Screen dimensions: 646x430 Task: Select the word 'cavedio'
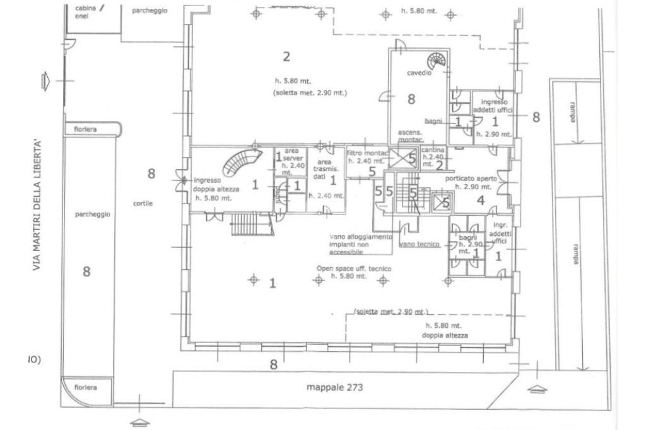(x=418, y=73)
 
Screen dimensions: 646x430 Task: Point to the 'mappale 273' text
(x=334, y=387)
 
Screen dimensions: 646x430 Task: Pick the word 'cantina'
(x=433, y=150)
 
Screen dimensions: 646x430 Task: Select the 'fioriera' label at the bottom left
(x=85, y=387)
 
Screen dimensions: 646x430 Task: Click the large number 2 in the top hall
(x=286, y=57)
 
